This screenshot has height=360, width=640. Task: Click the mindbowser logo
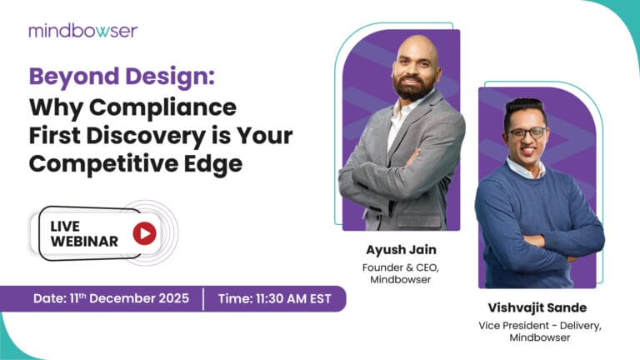click(x=82, y=31)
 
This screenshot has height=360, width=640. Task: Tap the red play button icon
click(x=144, y=234)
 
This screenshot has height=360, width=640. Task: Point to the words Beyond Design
click(x=122, y=79)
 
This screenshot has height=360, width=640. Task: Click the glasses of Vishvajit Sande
click(x=526, y=133)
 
